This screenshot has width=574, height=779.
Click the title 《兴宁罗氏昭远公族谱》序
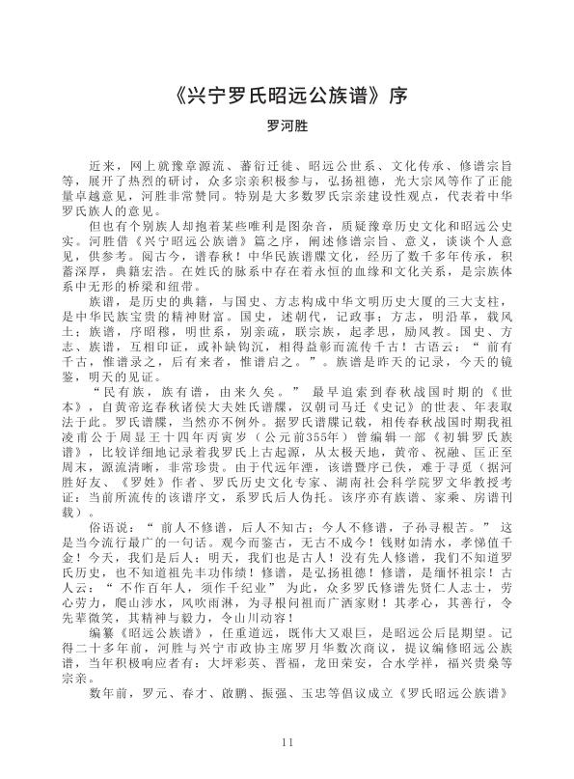[x=287, y=99]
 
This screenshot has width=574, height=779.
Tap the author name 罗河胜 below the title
[x=287, y=125]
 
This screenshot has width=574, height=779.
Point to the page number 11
[x=287, y=742]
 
